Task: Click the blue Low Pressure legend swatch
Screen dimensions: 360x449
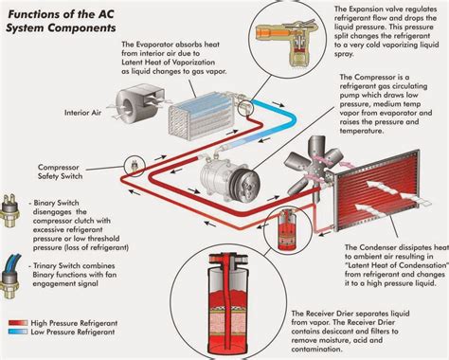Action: pyautogui.click(x=16, y=334)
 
